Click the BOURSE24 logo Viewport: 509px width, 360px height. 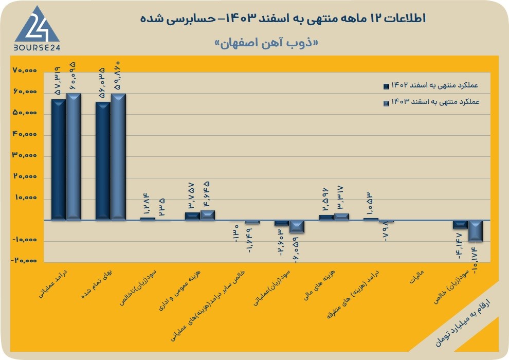tap(37, 28)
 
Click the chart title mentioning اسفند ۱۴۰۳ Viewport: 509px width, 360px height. tap(283, 19)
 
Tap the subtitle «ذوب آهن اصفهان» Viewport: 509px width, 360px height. tap(266, 43)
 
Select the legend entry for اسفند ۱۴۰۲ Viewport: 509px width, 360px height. tap(431, 86)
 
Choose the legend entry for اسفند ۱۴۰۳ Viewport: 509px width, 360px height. tap(431, 102)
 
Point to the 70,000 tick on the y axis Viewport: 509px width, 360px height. tap(25, 70)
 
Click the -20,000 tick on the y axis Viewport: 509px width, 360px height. tap(24, 261)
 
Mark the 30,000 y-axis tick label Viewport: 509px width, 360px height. tap(25, 155)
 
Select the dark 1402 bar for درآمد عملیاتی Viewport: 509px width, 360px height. tap(59, 160)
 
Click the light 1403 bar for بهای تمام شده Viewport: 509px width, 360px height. tap(118, 157)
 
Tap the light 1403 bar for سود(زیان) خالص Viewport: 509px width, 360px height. tap(475, 231)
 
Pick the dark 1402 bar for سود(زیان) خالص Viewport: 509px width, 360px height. tap(460, 225)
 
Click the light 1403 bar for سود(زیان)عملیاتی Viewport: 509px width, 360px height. tap(297, 227)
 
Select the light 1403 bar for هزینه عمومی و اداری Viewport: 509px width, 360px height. tap(207, 215)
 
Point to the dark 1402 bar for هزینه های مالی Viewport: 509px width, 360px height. tap(326, 218)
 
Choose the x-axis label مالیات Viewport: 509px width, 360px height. tap(416, 277)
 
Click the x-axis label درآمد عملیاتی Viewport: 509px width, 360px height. tap(54, 283)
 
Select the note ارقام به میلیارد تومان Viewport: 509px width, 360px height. tap(463, 322)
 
